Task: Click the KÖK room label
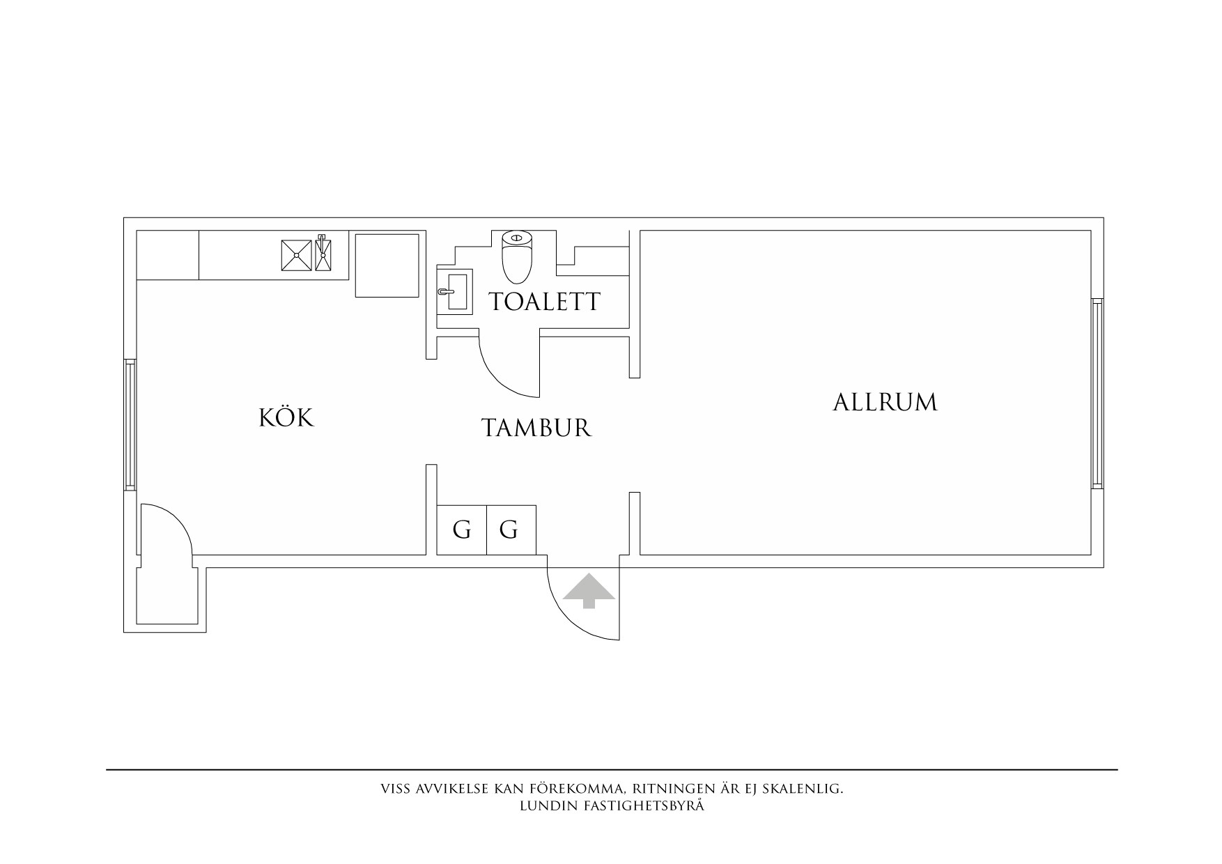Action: [x=286, y=418]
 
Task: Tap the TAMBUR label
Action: [x=536, y=427]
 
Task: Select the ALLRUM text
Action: [x=885, y=403]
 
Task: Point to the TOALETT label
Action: [x=544, y=302]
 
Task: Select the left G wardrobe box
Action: [x=461, y=530]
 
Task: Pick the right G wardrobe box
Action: [x=511, y=530]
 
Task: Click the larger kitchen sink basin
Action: [x=297, y=255]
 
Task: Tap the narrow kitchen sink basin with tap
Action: [x=323, y=255]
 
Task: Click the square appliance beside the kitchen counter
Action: [x=387, y=265]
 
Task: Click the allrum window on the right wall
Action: [x=1097, y=393]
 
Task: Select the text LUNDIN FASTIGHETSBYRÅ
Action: [x=612, y=806]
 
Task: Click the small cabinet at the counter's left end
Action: [x=167, y=255]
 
